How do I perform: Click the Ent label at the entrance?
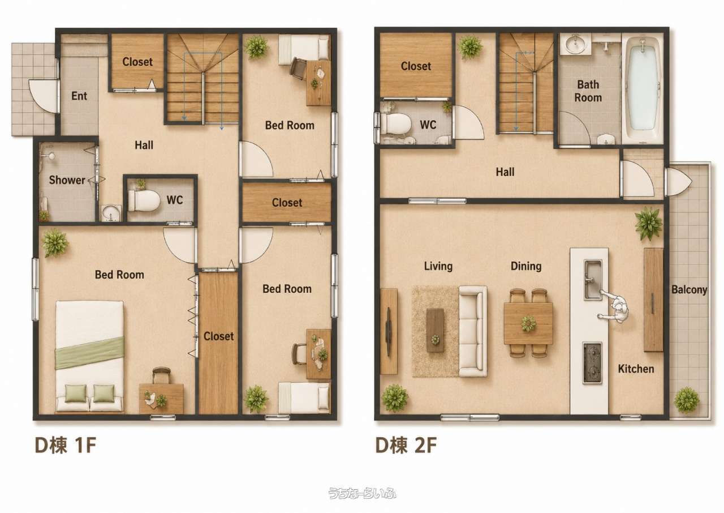pos(79,96)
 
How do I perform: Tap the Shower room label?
pos(67,180)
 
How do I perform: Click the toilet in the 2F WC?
pos(396,123)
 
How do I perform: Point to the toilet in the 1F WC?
pos(144,200)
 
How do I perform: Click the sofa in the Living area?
pos(473,331)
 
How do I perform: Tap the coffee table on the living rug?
pos(435,330)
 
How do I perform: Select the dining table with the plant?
pos(528,323)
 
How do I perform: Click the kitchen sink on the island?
pos(593,280)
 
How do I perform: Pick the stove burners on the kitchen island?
pos(592,363)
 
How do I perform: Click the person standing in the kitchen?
pos(614,308)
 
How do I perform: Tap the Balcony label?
pos(689,289)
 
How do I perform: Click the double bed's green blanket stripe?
pos(89,352)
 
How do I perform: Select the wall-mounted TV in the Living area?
pos(388,331)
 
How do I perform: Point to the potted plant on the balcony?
pos(687,400)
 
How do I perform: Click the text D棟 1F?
pos(65,445)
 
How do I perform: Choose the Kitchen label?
pos(636,369)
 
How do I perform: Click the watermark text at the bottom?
pos(362,493)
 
